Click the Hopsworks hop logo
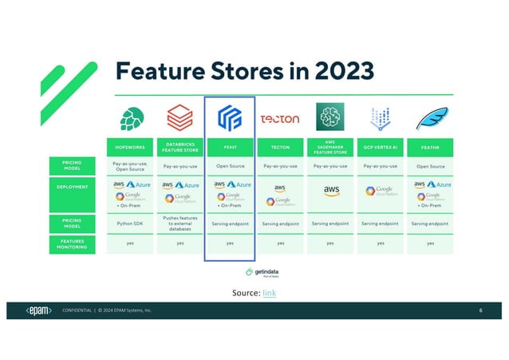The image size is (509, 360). pyautogui.click(x=130, y=118)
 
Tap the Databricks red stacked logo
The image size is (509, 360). pyautogui.click(x=180, y=118)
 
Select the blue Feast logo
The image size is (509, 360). pyautogui.click(x=230, y=118)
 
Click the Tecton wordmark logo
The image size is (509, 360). pyautogui.click(x=280, y=119)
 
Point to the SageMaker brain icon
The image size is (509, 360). pyautogui.click(x=329, y=117)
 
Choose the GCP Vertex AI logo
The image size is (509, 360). pyautogui.click(x=380, y=119)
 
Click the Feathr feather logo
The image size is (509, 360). pyautogui.click(x=430, y=117)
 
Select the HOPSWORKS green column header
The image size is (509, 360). pyautogui.click(x=130, y=147)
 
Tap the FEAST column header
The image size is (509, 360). pyautogui.click(x=230, y=147)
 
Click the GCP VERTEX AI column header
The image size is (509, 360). pyautogui.click(x=380, y=147)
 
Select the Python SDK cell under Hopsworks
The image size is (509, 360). pyautogui.click(x=130, y=224)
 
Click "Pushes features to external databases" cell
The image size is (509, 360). pyautogui.click(x=180, y=224)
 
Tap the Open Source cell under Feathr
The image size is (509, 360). pyautogui.click(x=430, y=167)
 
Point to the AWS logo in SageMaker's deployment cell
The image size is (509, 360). pyautogui.click(x=330, y=192)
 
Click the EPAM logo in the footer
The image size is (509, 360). pyautogui.click(x=39, y=310)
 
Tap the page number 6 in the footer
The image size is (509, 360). pyautogui.click(x=481, y=310)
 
